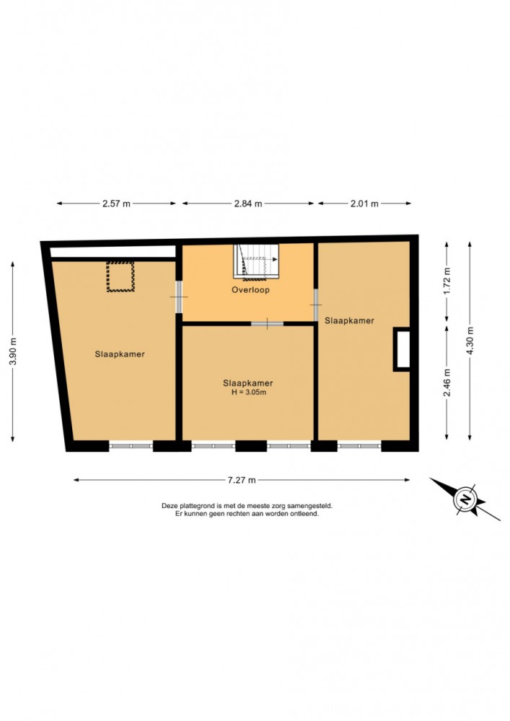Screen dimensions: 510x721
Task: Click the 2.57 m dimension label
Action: (x=116, y=204)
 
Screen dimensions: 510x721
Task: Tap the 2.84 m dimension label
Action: (x=248, y=204)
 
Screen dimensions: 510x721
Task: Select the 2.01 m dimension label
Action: (x=364, y=204)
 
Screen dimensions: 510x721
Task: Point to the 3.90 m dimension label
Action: (x=13, y=351)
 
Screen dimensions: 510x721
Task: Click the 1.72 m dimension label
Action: (x=447, y=281)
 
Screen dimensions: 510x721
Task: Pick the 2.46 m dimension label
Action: (x=447, y=383)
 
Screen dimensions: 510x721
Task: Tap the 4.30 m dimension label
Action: (x=470, y=341)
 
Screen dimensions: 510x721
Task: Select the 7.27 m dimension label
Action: (x=242, y=480)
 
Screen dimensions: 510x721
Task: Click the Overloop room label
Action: (x=250, y=289)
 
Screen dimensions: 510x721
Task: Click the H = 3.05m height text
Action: (x=249, y=392)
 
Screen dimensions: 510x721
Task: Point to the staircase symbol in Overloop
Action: (x=256, y=262)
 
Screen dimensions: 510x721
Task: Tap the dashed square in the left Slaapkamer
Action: (x=120, y=276)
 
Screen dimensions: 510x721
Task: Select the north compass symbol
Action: (x=465, y=499)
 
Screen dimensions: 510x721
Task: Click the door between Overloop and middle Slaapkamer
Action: (x=267, y=324)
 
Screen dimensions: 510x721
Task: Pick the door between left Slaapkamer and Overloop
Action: (x=179, y=297)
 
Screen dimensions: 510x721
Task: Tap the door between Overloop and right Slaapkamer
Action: (x=316, y=305)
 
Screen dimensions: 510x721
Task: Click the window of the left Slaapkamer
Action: (x=131, y=446)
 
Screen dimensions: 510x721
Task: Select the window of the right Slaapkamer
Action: (x=359, y=446)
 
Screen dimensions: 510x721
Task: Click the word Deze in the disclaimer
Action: (x=169, y=505)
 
